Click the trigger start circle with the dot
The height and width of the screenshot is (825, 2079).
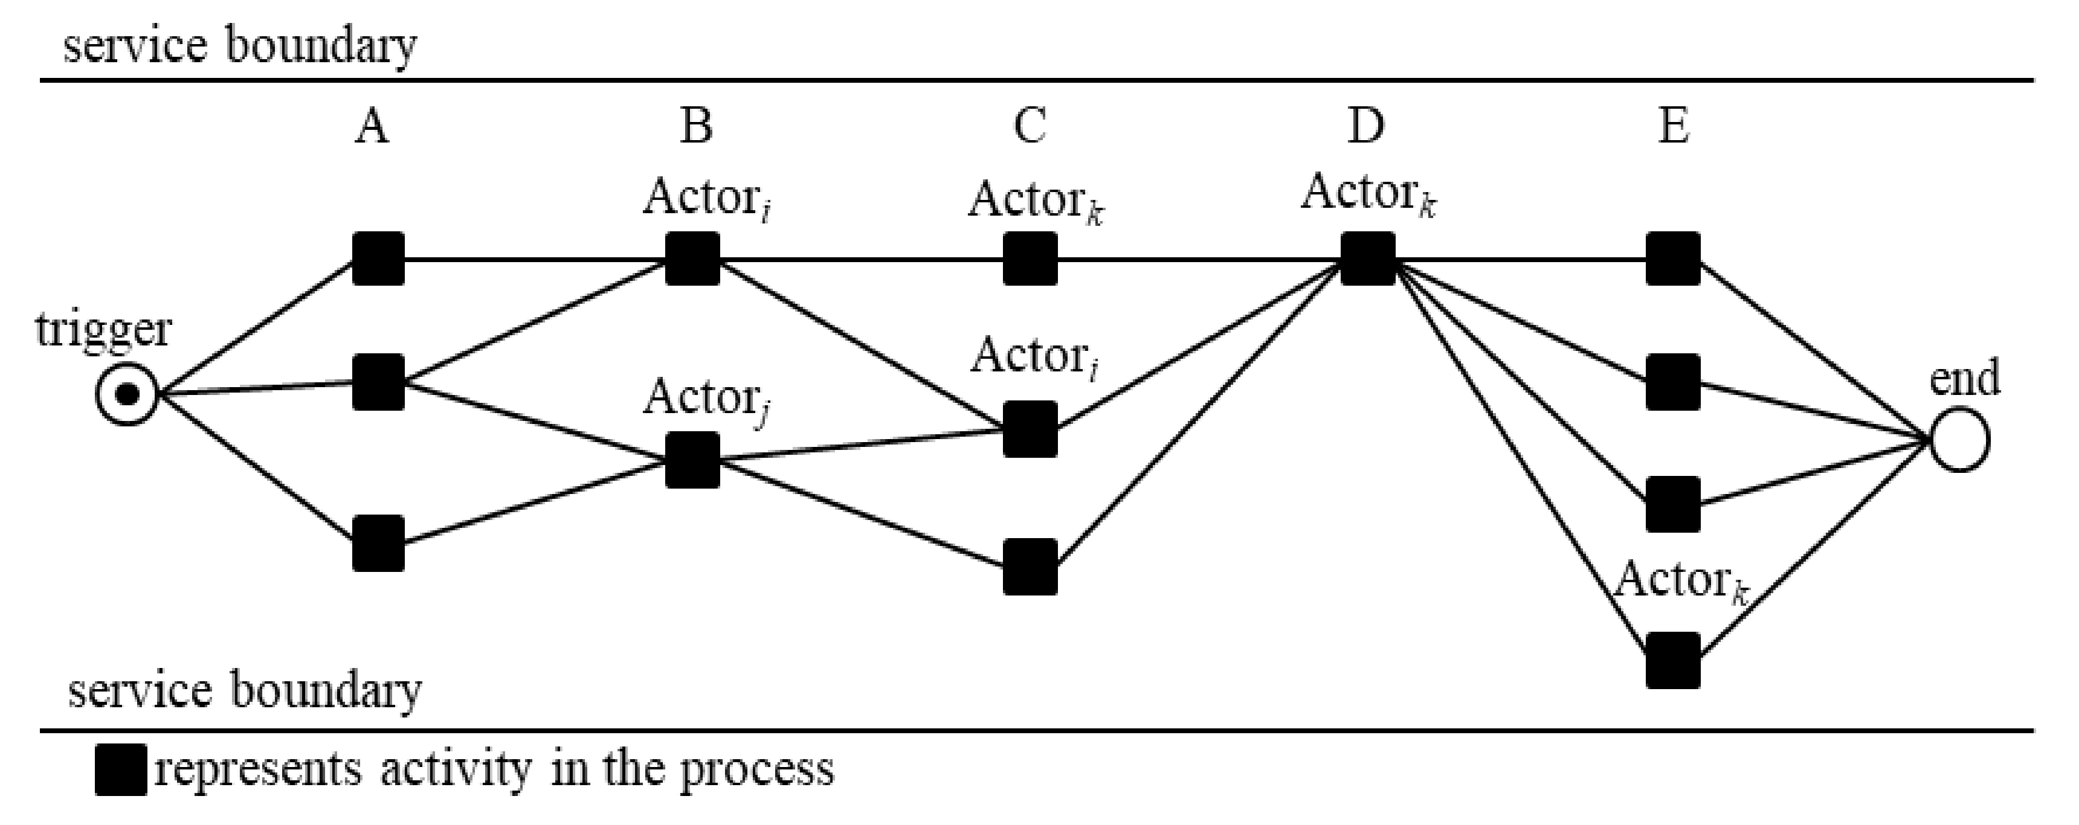point(127,394)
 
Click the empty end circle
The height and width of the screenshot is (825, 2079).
point(1959,440)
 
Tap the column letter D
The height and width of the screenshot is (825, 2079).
point(1365,127)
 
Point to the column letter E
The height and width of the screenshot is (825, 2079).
point(1674,127)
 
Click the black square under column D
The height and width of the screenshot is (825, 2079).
point(1368,259)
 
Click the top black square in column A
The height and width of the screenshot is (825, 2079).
point(378,259)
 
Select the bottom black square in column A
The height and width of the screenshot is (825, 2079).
point(378,544)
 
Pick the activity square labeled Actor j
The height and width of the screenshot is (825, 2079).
point(692,460)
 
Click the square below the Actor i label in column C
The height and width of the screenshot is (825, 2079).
point(1030,429)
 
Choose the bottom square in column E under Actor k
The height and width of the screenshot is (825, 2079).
point(1672,660)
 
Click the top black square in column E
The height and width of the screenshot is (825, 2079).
point(1672,259)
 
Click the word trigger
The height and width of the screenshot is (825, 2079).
point(103,330)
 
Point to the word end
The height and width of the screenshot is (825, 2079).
point(1964,377)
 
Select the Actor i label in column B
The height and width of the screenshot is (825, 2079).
point(706,198)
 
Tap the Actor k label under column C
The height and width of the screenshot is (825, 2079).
point(1036,200)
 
